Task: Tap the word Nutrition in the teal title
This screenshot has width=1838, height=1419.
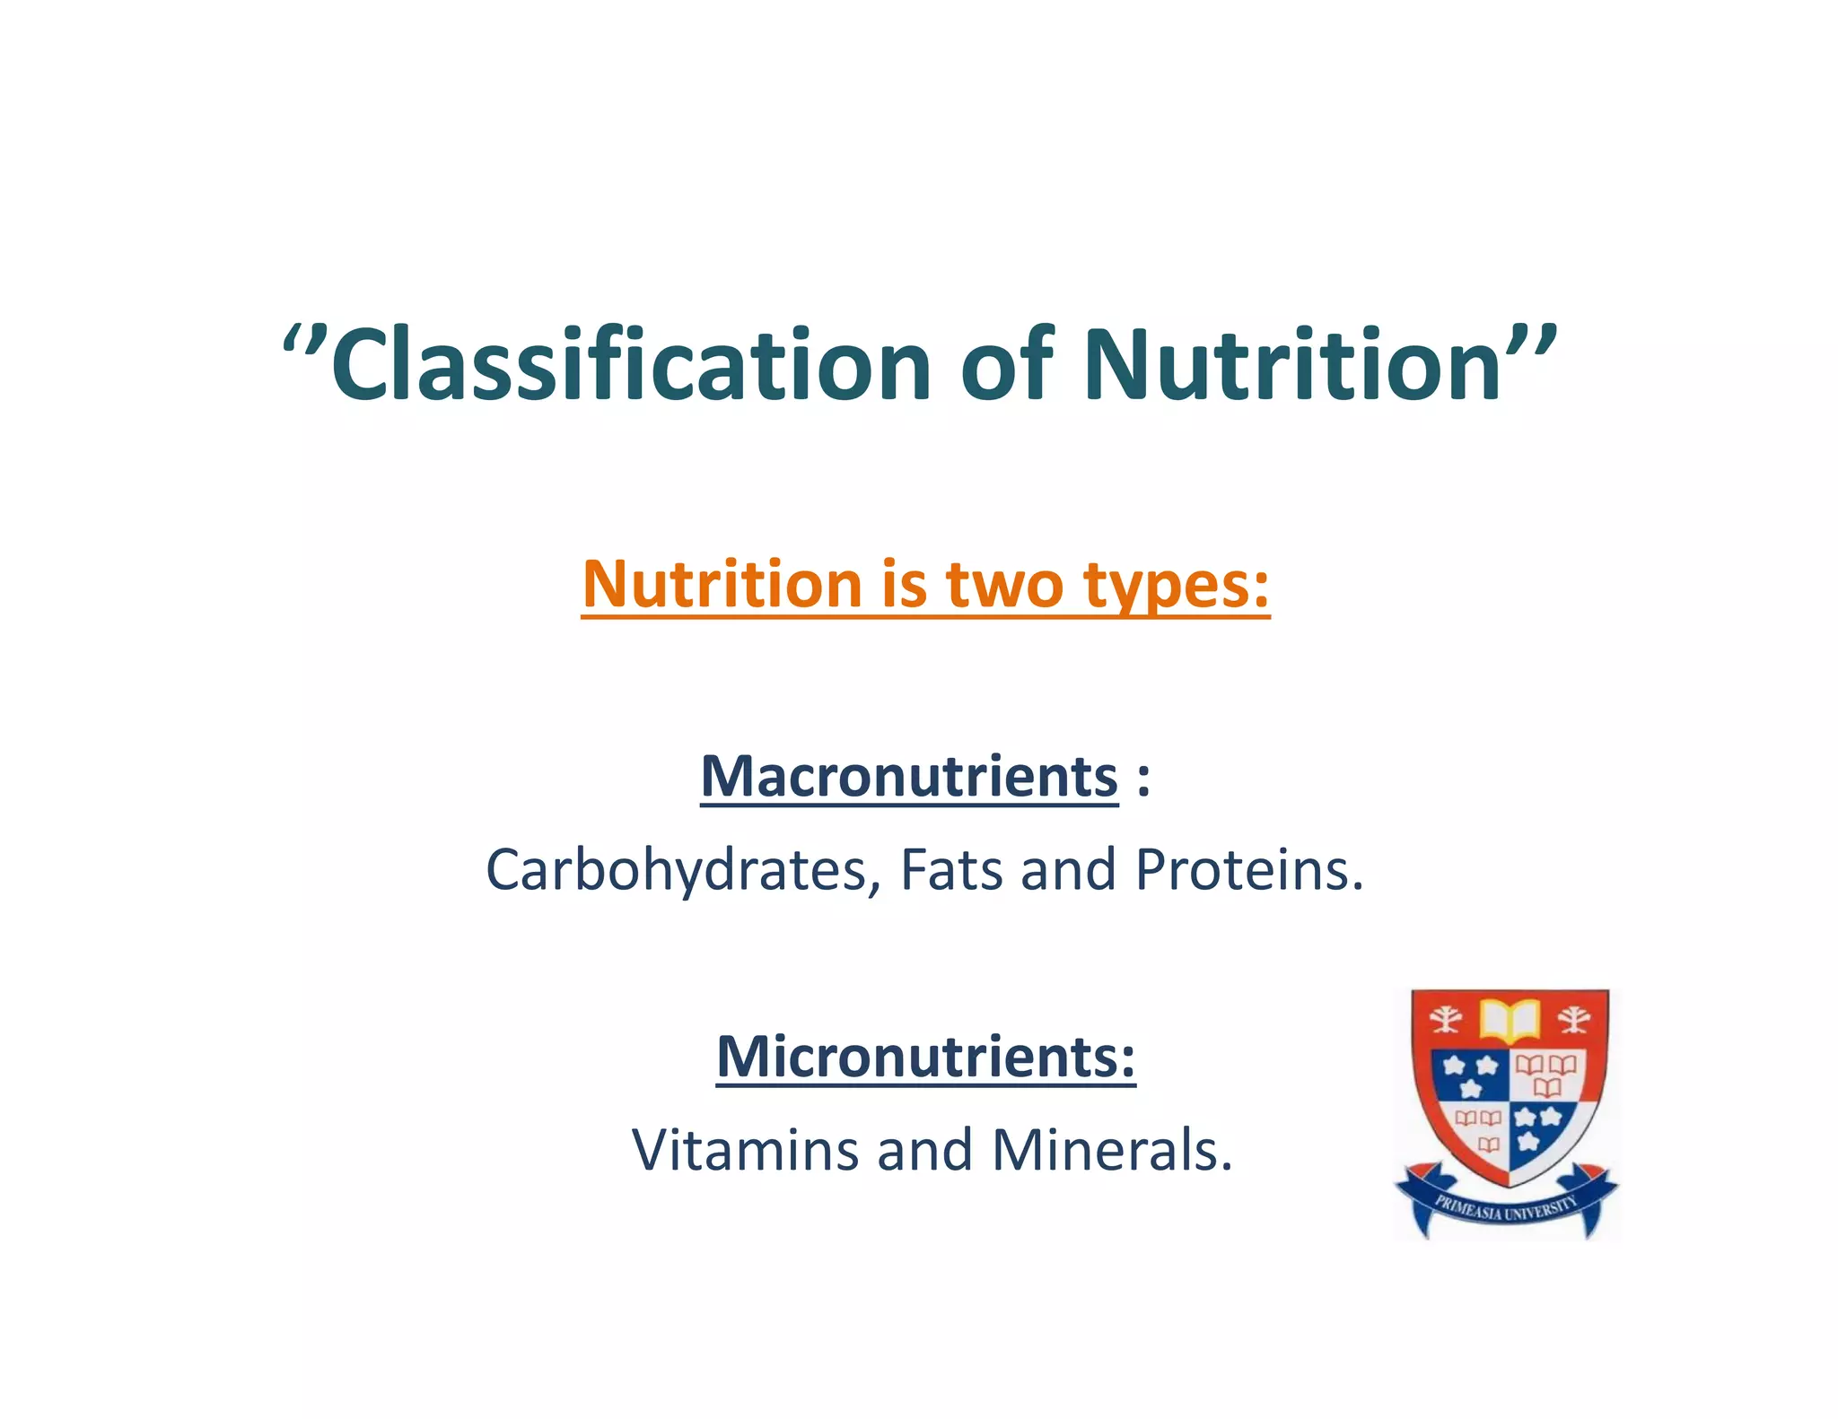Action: (x=1292, y=366)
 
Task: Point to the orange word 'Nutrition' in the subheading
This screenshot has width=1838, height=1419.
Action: (x=722, y=585)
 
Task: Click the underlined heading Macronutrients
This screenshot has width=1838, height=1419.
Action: (x=909, y=777)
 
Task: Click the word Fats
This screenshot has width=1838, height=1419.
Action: (x=950, y=871)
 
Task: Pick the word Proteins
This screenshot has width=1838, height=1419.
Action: (x=1248, y=871)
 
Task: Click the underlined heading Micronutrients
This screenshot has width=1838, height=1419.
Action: (x=925, y=1057)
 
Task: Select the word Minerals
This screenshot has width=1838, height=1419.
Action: (x=1112, y=1151)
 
